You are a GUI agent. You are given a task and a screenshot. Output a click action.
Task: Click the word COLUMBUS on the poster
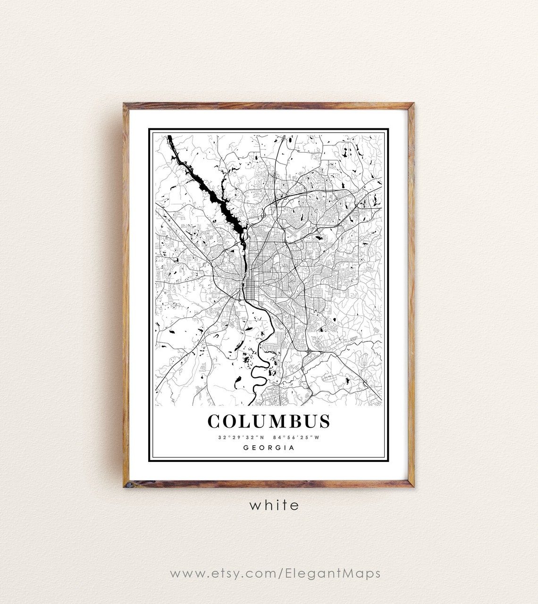click(269, 421)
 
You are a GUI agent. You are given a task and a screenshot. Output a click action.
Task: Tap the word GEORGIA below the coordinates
click(269, 448)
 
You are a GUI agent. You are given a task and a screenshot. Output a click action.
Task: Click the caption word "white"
click(274, 505)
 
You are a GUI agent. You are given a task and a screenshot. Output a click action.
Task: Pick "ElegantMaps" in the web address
click(333, 573)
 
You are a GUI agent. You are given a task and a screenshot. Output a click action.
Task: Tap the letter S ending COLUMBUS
click(324, 421)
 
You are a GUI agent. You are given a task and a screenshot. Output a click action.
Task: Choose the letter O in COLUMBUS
click(229, 421)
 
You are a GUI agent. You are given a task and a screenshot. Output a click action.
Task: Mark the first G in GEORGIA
click(245, 448)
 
